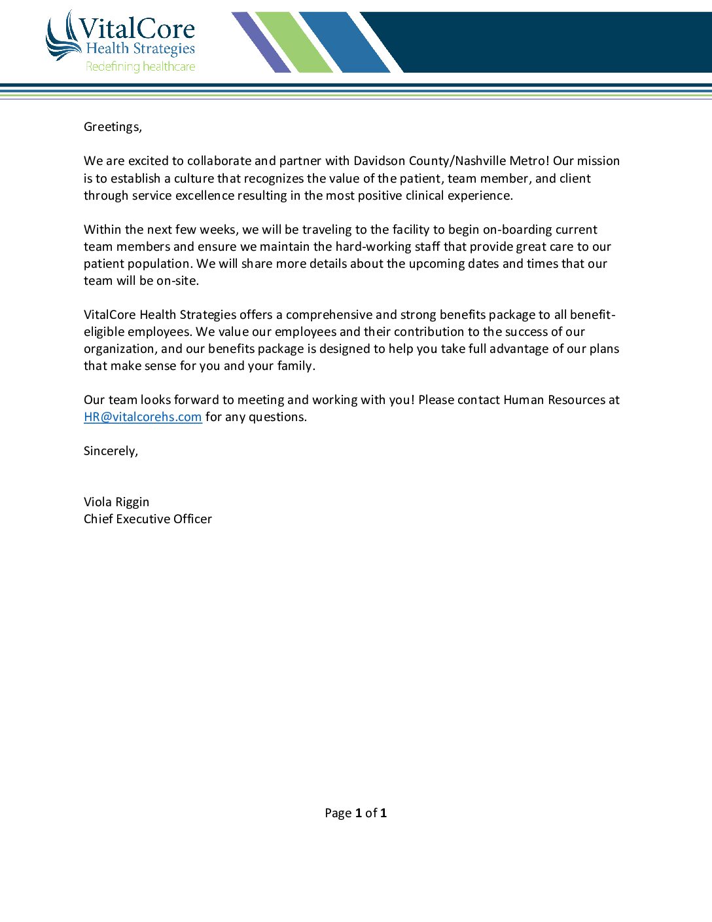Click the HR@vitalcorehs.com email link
(143, 417)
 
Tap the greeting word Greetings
(112, 127)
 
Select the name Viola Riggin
(116, 502)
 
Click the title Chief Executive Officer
(148, 519)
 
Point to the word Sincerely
(110, 451)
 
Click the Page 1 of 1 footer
(355, 813)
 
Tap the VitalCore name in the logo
(137, 29)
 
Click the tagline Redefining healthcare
(140, 66)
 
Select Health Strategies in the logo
(140, 48)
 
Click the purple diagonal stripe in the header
(261, 42)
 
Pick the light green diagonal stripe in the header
(293, 42)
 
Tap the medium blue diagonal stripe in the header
(344, 42)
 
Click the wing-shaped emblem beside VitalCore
(62, 37)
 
